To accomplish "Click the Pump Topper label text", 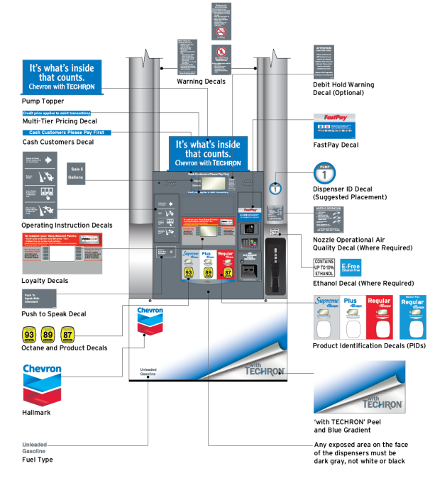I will pos(43,101).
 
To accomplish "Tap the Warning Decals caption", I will pos(201,82).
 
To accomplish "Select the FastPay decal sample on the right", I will pos(334,126).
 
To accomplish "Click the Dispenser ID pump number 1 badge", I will pos(325,174).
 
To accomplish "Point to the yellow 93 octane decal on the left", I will pos(29,334).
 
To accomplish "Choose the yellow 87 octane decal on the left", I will pos(67,334).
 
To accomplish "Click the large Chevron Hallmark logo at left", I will pos(42,384).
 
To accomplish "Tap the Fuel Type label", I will pos(38,460).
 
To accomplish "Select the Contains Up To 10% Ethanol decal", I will pos(324,267).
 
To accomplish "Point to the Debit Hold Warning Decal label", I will pos(343,88).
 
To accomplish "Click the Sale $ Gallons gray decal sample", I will pos(77,173).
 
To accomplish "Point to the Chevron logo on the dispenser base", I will pos(150,322).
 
